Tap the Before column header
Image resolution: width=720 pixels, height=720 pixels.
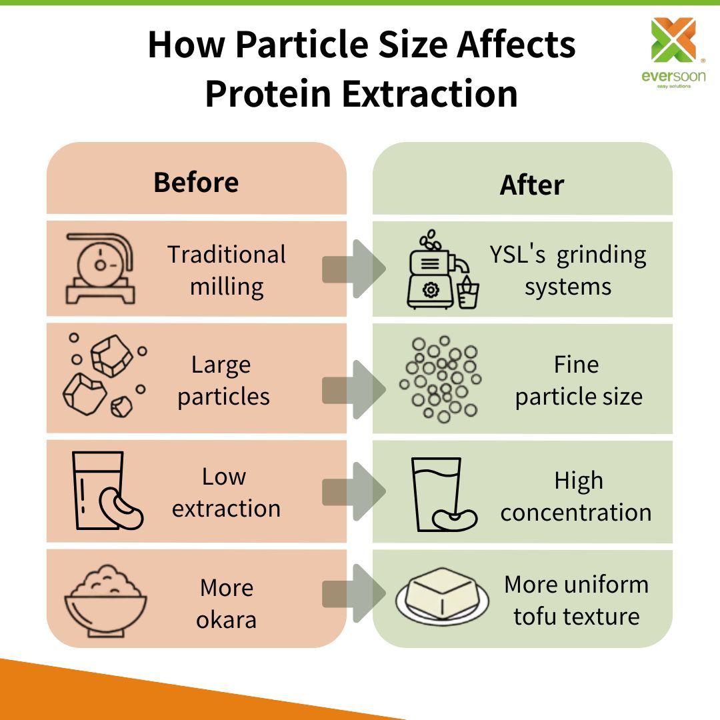[196, 182]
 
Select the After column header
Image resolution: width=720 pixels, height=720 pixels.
[531, 185]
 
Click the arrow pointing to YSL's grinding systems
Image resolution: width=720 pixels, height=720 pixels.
[354, 269]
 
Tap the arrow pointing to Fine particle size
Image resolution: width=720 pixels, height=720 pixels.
[354, 390]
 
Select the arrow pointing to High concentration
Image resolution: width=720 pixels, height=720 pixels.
[354, 493]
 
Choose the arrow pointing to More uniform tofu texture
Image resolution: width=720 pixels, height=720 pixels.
[354, 593]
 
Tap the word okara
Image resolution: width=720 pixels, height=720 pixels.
[226, 619]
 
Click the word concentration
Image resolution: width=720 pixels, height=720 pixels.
[576, 512]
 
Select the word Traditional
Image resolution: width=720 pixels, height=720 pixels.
[227, 255]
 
